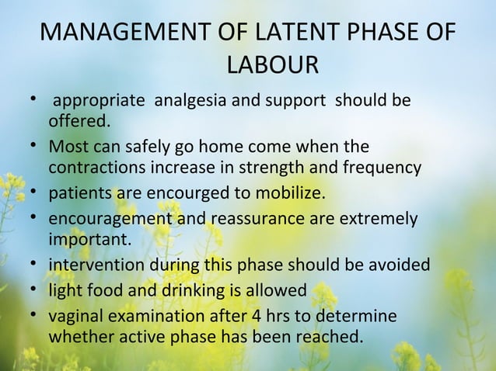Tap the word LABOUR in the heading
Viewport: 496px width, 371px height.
click(271, 66)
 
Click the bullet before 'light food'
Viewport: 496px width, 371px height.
click(37, 290)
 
